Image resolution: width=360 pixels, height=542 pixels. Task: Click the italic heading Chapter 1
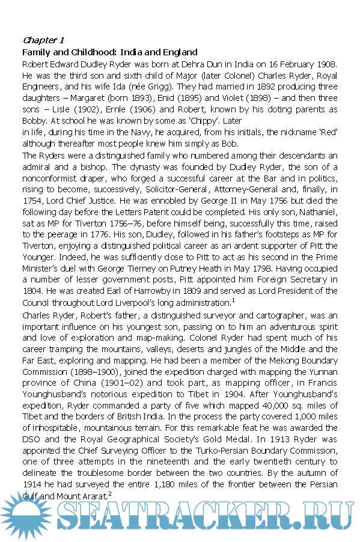coord(43,40)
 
